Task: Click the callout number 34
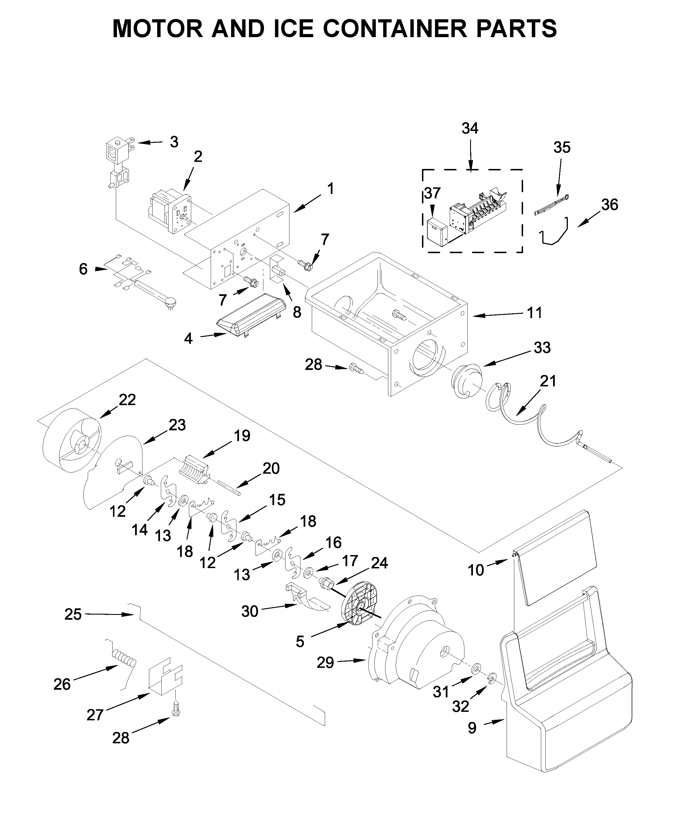coord(470,128)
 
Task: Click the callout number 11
coord(534,312)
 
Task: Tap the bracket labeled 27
coord(165,678)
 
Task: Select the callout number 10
coord(475,570)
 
